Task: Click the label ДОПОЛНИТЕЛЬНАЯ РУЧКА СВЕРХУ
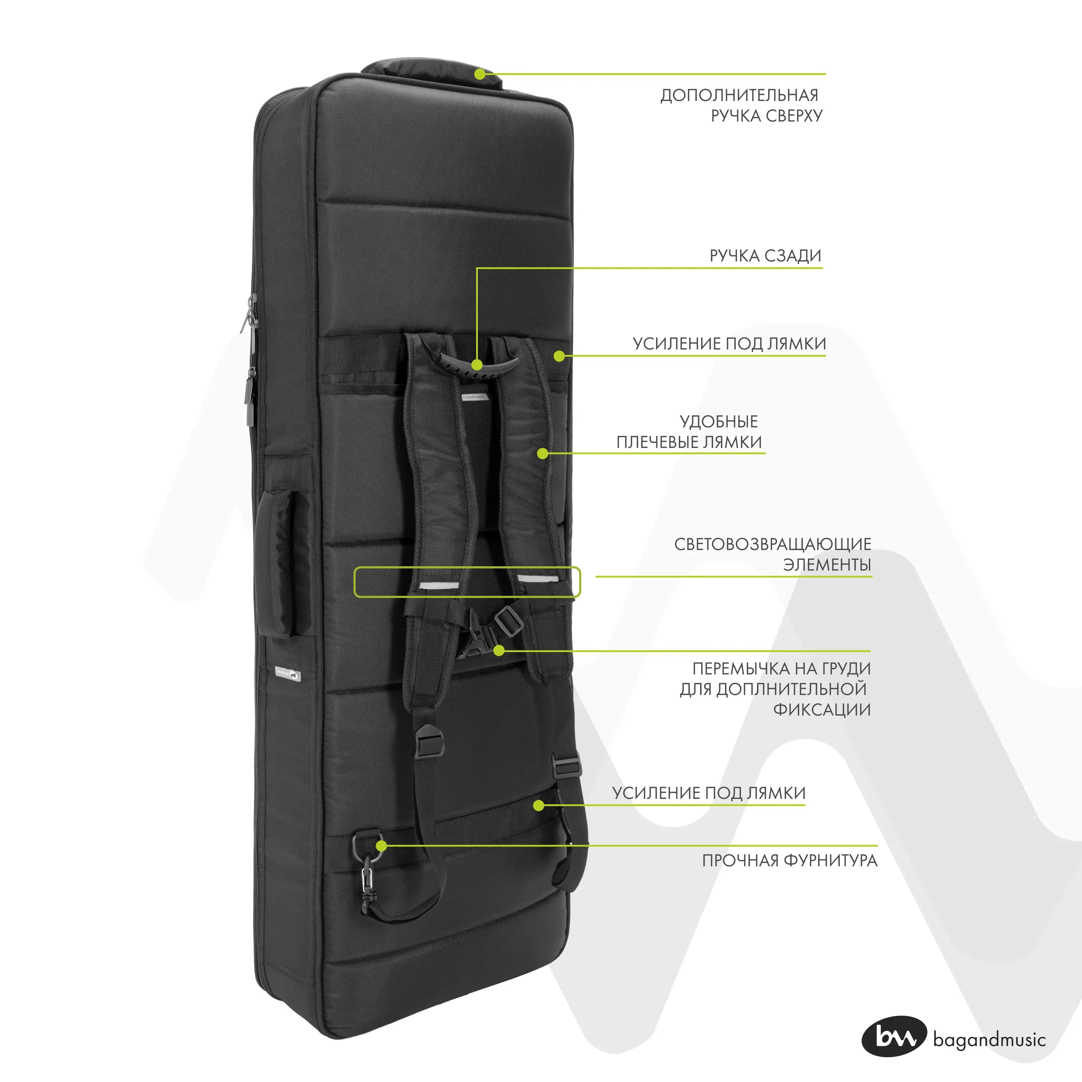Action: tap(740, 105)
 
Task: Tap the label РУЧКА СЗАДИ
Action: tap(765, 256)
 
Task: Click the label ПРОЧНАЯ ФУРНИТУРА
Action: tap(789, 860)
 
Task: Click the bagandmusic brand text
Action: tap(989, 1040)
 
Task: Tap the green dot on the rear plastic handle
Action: tap(476, 365)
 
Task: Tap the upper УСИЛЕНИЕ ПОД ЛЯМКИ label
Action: tap(729, 343)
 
